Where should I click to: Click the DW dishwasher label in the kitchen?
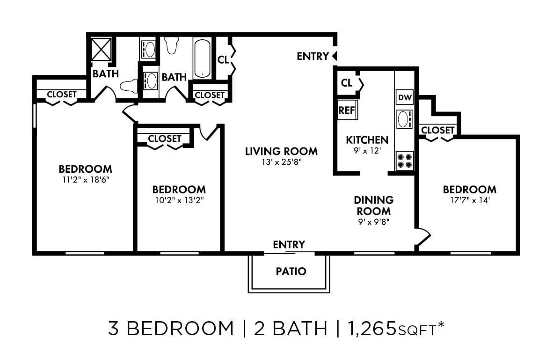tap(405, 98)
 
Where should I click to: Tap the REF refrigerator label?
tap(347, 111)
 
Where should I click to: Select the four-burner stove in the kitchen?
tap(405, 161)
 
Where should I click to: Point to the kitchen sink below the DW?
tap(403, 120)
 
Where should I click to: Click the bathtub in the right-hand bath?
tap(202, 58)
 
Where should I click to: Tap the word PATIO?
tap(291, 271)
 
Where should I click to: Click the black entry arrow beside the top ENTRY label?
tap(334, 56)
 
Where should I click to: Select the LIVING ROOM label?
tap(281, 151)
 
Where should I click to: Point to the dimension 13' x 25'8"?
tap(281, 162)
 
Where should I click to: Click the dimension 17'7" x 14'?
tap(469, 201)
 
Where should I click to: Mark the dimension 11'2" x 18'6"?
tap(85, 179)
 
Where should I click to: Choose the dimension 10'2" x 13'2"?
tap(179, 200)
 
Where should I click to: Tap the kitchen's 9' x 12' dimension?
tap(367, 151)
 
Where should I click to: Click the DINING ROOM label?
tap(373, 206)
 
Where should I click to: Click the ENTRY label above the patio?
tap(289, 244)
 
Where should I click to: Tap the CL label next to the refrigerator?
tap(347, 83)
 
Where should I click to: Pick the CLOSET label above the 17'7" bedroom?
tap(437, 130)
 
